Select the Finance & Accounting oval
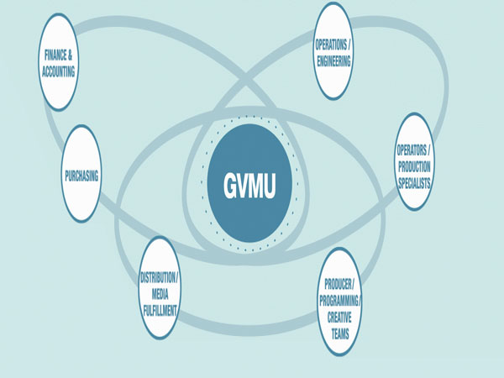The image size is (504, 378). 60,66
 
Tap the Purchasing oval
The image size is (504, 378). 81,176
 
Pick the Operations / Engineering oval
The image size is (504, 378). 332,50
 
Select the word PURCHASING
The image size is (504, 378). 81,176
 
